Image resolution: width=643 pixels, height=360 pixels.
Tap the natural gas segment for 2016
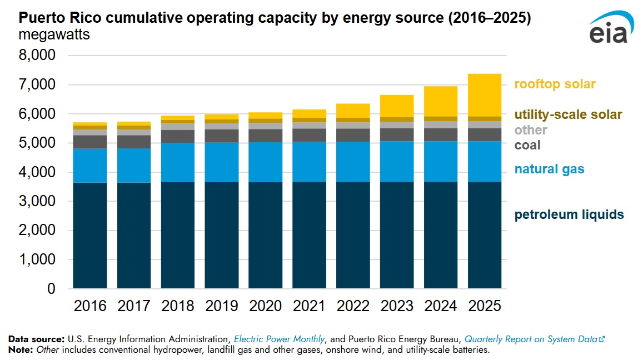pyautogui.click(x=89, y=165)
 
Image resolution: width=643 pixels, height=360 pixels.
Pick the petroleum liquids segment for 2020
pyautogui.click(x=265, y=235)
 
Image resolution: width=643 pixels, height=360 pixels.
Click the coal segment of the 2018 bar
pyautogui.click(x=177, y=136)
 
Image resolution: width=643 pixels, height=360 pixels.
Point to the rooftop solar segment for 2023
pyautogui.click(x=397, y=106)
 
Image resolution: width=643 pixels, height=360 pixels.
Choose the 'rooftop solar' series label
pyautogui.click(x=555, y=84)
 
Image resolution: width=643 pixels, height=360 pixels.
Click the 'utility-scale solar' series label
pyautogui.click(x=568, y=115)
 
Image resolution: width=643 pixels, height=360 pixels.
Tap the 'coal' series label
pyautogui.click(x=527, y=146)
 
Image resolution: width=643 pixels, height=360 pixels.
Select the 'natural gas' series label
pyautogui.click(x=549, y=169)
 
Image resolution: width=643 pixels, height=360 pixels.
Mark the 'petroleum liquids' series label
pyautogui.click(x=569, y=214)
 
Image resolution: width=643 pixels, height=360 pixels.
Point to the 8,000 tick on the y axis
pyautogui.click(x=37, y=56)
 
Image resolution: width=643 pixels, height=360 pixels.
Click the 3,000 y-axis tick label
pyautogui.click(x=37, y=202)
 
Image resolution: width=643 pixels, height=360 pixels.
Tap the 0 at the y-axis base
pyautogui.click(x=51, y=289)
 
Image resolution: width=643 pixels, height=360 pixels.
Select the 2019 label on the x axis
pyautogui.click(x=221, y=306)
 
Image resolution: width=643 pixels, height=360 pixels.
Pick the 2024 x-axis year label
pyautogui.click(x=441, y=306)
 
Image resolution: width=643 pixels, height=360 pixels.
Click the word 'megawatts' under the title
pyautogui.click(x=54, y=35)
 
